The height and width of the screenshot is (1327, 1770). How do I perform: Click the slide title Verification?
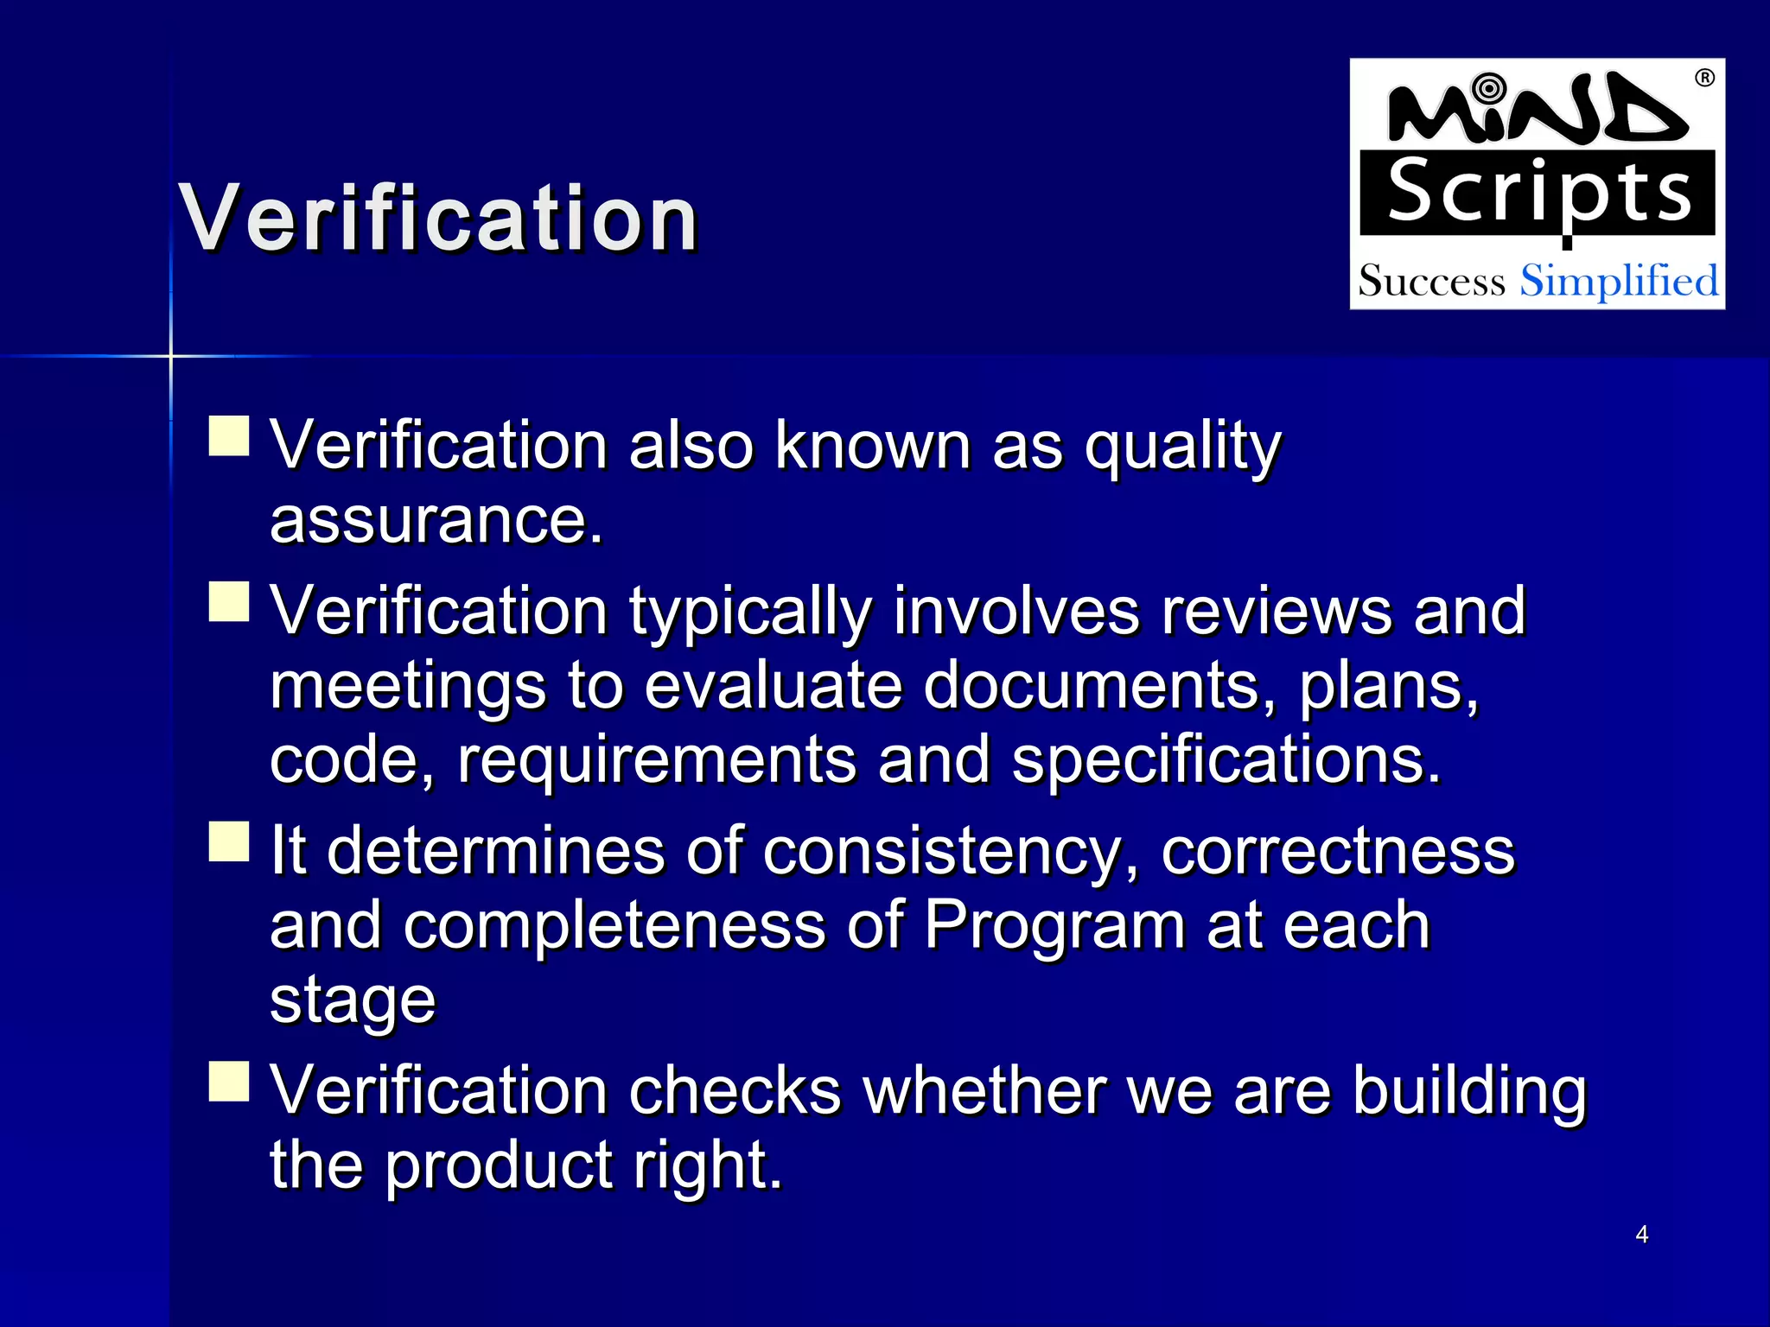438,219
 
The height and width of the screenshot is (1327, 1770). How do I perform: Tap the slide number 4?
1641,1235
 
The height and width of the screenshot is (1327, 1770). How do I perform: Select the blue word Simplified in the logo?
1619,282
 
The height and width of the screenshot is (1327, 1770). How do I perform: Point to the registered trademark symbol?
1704,79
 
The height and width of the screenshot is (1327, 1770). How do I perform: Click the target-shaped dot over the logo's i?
1488,87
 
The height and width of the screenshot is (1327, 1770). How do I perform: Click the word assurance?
436,520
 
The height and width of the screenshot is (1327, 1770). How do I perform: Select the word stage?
353,1001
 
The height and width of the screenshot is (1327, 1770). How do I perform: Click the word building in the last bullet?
1469,1091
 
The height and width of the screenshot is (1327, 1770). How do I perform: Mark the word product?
498,1165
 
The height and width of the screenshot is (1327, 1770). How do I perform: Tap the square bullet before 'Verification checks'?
229,1081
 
